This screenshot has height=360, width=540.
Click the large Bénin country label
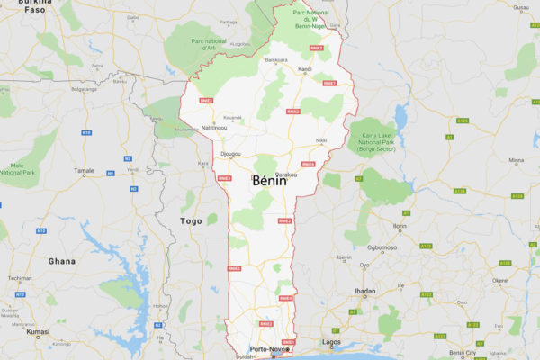pos(269,181)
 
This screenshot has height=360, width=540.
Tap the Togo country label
pos(191,220)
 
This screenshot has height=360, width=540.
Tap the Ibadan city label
pos(364,292)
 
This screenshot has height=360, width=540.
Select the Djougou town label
pos(230,154)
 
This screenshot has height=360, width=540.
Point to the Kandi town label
pos(305,69)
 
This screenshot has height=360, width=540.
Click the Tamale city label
pos(84,170)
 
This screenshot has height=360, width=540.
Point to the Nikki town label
pos(321,141)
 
